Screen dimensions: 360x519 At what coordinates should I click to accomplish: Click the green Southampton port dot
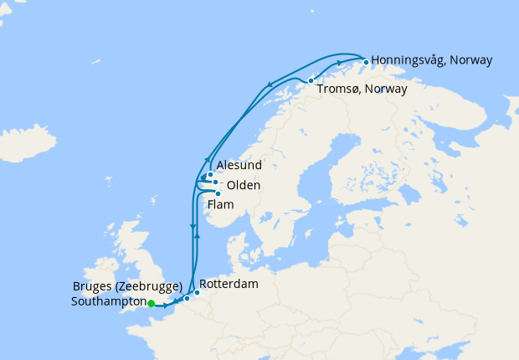(x=152, y=304)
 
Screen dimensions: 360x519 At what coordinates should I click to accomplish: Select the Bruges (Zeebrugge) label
(x=126, y=288)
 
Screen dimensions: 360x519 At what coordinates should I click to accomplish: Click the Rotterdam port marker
(x=198, y=292)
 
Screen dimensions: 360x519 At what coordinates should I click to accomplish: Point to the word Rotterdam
(x=229, y=284)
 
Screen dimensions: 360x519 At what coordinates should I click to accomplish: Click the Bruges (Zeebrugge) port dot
(x=187, y=298)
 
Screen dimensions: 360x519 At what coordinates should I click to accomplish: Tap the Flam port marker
(x=218, y=193)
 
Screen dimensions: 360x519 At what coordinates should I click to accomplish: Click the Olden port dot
(x=215, y=182)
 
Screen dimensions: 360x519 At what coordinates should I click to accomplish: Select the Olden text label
(x=244, y=185)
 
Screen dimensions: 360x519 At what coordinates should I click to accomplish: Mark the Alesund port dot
(x=210, y=175)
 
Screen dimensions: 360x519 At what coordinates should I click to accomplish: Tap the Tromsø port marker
(x=311, y=81)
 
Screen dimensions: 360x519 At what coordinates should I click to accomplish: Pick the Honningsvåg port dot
(x=366, y=62)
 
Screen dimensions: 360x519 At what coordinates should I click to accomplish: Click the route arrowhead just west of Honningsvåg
(x=340, y=63)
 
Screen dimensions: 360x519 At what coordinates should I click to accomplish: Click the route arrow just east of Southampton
(x=166, y=306)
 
